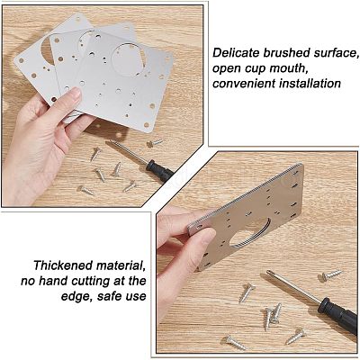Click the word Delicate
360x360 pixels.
(237, 53)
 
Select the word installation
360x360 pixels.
(310, 84)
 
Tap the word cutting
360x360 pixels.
(92, 282)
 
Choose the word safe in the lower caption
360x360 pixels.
(110, 297)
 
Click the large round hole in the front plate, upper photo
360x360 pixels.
(127, 59)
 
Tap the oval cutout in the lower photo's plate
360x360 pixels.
(249, 233)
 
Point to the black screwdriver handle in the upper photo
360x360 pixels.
(160, 171)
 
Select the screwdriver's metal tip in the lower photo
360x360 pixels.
(270, 273)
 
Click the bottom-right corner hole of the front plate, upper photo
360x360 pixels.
(147, 125)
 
